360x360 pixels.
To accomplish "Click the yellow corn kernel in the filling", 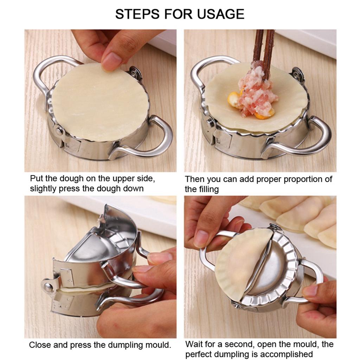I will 234,99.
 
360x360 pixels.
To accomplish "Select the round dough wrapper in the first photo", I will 100,102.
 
